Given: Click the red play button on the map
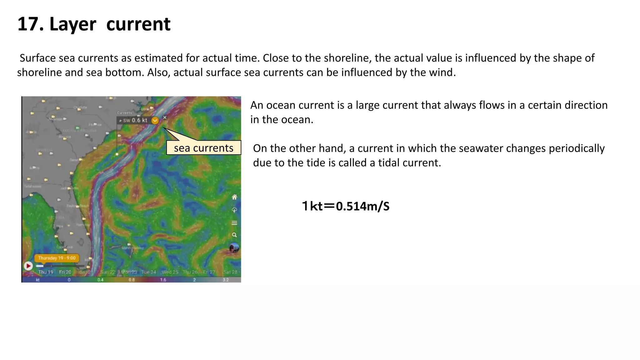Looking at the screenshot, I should (x=28, y=266).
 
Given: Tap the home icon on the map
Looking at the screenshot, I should (x=234, y=197).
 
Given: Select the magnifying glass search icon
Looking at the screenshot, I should (x=234, y=235).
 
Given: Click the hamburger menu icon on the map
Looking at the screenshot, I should (x=234, y=223).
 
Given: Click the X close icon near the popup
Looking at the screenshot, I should (x=165, y=117).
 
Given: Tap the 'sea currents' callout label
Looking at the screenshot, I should (x=203, y=148).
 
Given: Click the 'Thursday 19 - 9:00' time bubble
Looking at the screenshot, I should (x=57, y=258).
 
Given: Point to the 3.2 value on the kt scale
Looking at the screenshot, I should (x=226, y=280).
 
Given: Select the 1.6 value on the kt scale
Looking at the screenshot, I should (x=163, y=280).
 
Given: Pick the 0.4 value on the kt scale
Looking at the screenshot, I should (x=100, y=280).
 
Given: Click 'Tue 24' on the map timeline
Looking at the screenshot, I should (x=149, y=272).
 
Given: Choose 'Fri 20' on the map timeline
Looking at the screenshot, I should (x=65, y=272).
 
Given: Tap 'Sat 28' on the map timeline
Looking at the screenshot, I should (x=230, y=272).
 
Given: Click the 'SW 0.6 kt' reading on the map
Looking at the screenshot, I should (x=135, y=120).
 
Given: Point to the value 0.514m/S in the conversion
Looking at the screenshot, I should (x=362, y=206).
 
